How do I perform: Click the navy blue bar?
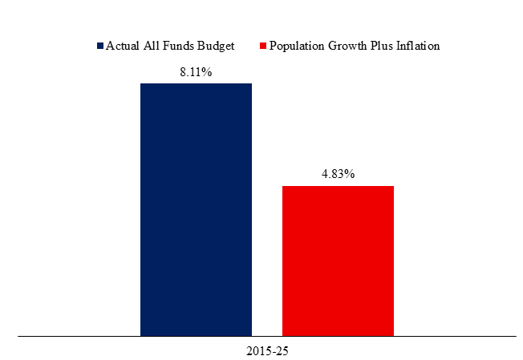(x=196, y=210)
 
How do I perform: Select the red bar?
(x=338, y=261)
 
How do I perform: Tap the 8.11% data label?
(x=196, y=72)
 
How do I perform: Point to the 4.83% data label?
(x=338, y=174)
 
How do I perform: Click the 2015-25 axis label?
(x=267, y=351)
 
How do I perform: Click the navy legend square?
(x=100, y=46)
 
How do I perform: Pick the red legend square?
(x=263, y=46)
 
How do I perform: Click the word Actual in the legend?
(x=123, y=46)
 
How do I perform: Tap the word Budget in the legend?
(x=216, y=47)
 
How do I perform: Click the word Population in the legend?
(x=297, y=47)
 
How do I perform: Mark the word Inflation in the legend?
(x=418, y=46)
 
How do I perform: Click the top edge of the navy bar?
(x=196, y=83)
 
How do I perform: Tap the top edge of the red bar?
(x=338, y=186)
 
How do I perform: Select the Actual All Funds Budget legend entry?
(x=166, y=46)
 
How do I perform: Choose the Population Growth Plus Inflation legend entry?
(x=350, y=46)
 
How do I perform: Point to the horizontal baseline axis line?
(x=267, y=336)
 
